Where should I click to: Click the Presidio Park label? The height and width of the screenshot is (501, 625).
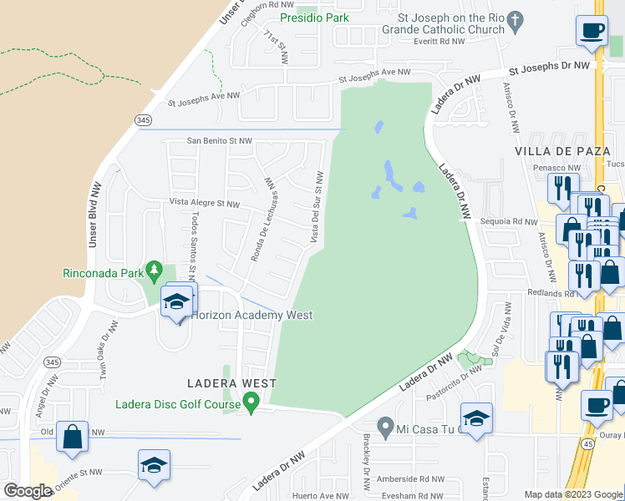[314, 17]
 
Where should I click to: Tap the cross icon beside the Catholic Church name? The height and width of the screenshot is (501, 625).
[516, 18]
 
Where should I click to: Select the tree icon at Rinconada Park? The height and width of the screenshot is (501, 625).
[154, 270]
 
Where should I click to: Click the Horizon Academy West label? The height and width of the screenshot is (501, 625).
[252, 315]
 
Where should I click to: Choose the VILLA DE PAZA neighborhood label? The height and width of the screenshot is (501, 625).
[557, 150]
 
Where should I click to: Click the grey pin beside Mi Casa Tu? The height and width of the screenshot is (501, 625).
[384, 428]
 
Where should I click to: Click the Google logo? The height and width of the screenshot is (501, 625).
[27, 491]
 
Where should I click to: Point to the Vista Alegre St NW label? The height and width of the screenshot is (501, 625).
[205, 203]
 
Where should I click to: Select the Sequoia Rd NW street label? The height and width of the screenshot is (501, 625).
[510, 221]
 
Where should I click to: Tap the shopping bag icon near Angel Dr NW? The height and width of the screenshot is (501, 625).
[73, 436]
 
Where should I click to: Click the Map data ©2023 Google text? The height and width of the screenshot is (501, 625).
[572, 494]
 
